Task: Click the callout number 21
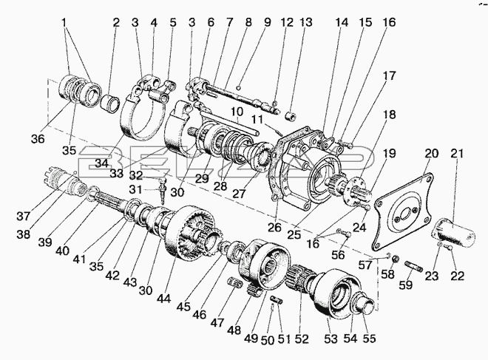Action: pyautogui.click(x=457, y=154)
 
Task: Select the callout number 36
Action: pyautogui.click(x=38, y=139)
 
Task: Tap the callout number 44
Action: pyautogui.click(x=163, y=299)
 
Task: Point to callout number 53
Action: pyautogui.click(x=331, y=339)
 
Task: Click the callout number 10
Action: pyautogui.click(x=237, y=112)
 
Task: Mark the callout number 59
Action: pyautogui.click(x=406, y=285)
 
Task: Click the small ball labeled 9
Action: pyautogui.click(x=238, y=87)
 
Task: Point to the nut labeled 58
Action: pyautogui.click(x=396, y=259)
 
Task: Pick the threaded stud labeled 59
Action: pyautogui.click(x=413, y=267)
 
